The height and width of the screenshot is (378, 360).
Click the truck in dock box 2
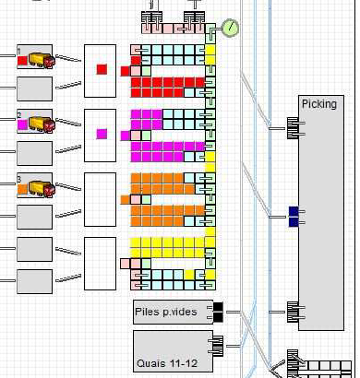pos(40,124)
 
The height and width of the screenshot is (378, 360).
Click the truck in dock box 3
pos(40,188)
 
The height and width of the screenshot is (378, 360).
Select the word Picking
pos(319,104)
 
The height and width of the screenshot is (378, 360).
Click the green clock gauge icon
pos(230,28)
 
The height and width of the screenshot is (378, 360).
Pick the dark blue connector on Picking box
pos(294,217)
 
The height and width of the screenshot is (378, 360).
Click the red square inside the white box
pos(102,69)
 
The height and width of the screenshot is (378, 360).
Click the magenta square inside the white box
pos(102,134)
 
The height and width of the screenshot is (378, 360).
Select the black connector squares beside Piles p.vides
pos(218,311)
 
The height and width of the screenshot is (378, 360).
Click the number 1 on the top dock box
pos(19,51)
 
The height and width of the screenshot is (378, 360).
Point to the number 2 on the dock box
pos(19,115)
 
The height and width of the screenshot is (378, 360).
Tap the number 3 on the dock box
pos(19,179)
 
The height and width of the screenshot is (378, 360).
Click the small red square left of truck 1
pos(22,61)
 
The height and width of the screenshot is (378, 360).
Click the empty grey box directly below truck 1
pos(35,89)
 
